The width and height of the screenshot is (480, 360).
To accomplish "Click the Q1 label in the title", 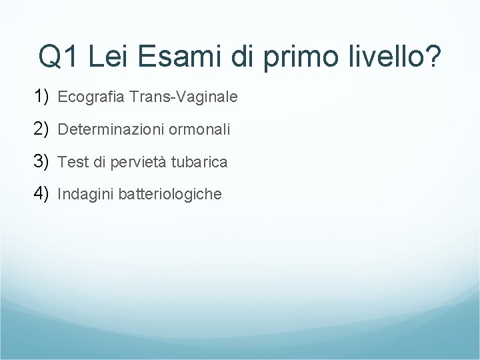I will (x=61, y=57).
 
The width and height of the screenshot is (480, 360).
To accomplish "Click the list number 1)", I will (x=41, y=97).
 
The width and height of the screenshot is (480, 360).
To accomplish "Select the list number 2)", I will (x=41, y=129).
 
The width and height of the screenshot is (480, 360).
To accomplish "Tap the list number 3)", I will (x=41, y=161).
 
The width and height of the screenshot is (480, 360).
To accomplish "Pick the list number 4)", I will (x=41, y=193).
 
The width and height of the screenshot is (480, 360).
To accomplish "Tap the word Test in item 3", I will (x=72, y=162).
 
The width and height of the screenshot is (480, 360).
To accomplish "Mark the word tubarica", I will (x=199, y=162).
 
